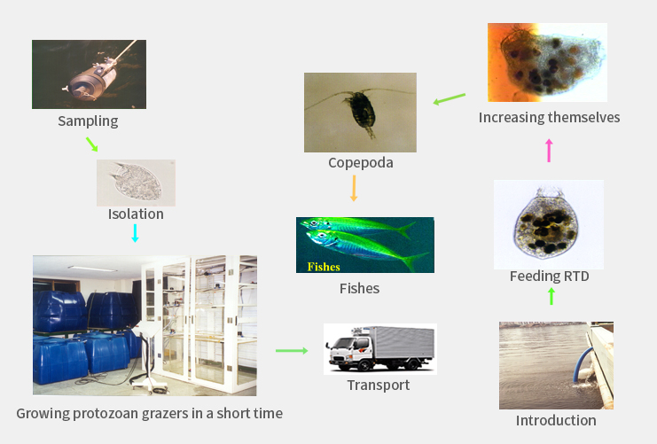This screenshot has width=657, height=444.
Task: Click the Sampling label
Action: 88,121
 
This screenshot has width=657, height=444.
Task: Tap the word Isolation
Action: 136,214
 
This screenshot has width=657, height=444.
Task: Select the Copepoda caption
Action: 361,162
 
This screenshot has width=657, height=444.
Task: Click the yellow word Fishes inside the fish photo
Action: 324,267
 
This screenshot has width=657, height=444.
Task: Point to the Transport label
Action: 379,385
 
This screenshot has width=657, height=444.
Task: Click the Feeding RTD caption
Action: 550,276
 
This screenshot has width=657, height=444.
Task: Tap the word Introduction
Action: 556,420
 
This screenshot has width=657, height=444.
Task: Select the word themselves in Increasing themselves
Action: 584,117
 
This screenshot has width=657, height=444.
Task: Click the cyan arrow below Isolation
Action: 135,233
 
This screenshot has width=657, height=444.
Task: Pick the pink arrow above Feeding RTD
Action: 549,151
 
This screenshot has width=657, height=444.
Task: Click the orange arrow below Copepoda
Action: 354,188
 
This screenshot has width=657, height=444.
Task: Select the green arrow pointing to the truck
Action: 292,351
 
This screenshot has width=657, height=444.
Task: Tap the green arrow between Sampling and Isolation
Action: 91,144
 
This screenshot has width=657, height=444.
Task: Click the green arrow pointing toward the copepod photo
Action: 450,99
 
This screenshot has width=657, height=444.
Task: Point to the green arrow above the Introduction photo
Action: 551,297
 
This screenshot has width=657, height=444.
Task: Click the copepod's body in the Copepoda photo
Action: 361,110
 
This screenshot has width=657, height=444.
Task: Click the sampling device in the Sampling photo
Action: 93,78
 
